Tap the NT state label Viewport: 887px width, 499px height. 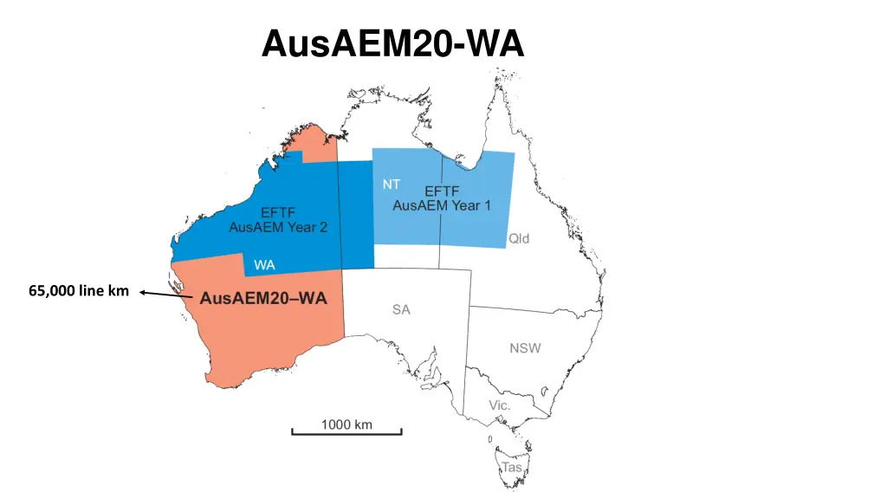click(x=391, y=184)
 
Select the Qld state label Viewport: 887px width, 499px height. click(x=519, y=238)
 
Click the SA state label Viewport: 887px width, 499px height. click(x=401, y=310)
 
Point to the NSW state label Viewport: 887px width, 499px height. click(x=525, y=348)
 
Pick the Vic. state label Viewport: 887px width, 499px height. click(x=500, y=405)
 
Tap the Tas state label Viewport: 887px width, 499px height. click(x=513, y=467)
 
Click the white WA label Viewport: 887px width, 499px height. click(x=264, y=264)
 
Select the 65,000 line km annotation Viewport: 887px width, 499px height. click(x=78, y=291)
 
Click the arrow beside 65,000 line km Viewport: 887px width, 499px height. click(x=165, y=295)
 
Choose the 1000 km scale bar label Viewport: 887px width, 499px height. click(x=346, y=424)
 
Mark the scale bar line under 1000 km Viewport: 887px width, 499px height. click(x=346, y=432)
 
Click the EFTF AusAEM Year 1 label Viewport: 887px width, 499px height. click(x=442, y=198)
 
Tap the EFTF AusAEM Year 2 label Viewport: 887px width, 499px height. click(x=278, y=220)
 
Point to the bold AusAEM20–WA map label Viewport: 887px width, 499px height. click(x=263, y=299)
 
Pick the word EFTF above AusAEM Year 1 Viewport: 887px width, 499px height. click(x=442, y=191)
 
